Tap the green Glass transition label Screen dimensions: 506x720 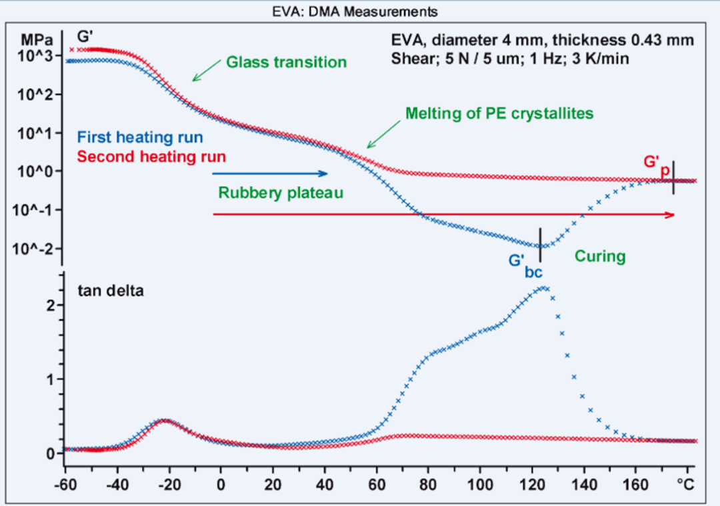[287, 63]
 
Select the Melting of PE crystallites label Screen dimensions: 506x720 [499, 113]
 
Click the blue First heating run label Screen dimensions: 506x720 [140, 138]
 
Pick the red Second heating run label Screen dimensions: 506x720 [151, 157]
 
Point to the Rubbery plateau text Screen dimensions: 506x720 [280, 193]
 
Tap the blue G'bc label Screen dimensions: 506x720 [523, 264]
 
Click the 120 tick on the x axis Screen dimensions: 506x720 [531, 480]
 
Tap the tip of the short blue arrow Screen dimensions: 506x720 [329, 173]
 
